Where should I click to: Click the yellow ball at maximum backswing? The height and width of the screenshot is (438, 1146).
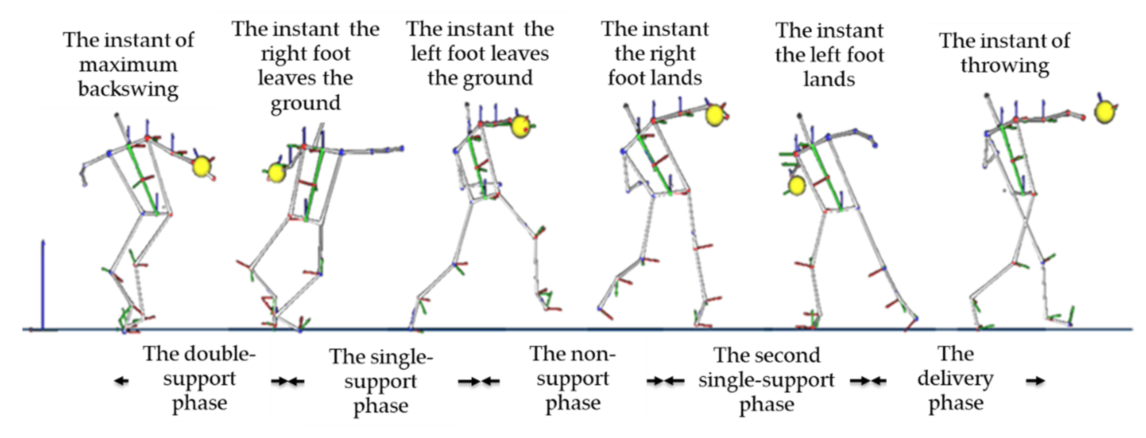[x=202, y=166]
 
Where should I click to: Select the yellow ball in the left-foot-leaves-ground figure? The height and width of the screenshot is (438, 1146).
[x=520, y=126]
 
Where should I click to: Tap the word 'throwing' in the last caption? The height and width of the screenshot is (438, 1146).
[x=1005, y=65]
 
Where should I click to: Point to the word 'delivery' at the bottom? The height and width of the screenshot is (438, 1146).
[x=955, y=379]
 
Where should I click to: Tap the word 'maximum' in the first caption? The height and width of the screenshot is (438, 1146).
[x=129, y=65]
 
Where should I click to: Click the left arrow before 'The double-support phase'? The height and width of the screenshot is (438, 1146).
[x=121, y=381]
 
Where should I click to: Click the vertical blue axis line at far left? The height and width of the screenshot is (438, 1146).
[x=43, y=285]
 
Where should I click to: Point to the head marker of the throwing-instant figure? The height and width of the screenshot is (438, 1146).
[x=987, y=95]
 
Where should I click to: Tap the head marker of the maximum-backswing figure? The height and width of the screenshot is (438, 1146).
[x=117, y=115]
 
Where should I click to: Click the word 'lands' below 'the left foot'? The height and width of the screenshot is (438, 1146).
[x=829, y=80]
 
